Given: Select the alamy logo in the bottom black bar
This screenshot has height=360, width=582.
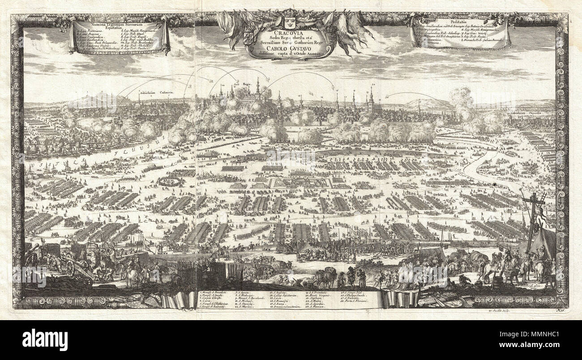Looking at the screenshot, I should coord(45,339).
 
